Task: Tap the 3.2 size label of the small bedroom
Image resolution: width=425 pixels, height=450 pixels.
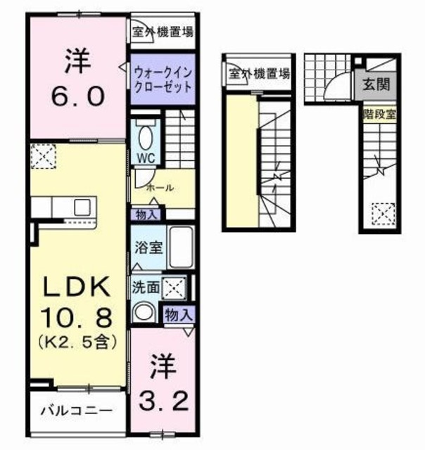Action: click(x=167, y=401)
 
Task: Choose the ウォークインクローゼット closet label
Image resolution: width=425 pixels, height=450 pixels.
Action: click(x=161, y=78)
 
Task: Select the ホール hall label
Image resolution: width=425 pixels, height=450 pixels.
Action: click(x=160, y=188)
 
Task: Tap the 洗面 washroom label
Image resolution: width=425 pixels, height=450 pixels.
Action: click(x=144, y=286)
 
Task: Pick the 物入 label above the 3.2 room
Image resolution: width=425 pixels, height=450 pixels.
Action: click(x=177, y=315)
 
